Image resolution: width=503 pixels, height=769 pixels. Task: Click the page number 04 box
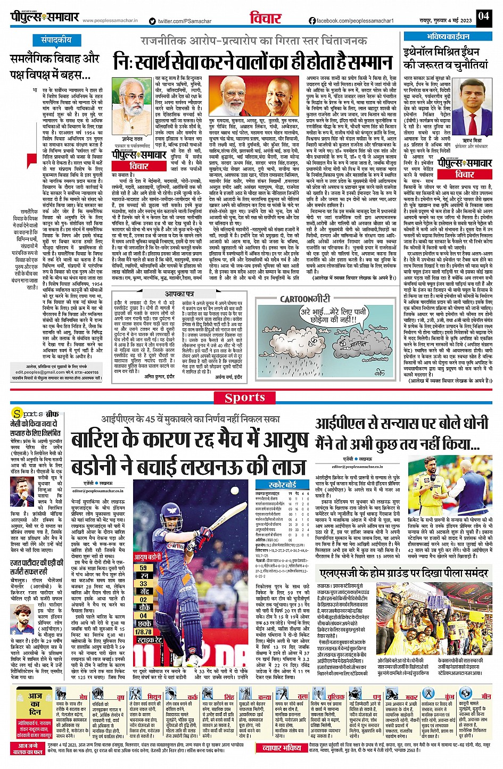coord(483,16)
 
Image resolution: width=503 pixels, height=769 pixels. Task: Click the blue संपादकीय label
coord(57,40)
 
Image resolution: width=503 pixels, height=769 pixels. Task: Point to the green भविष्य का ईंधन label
coord(448,37)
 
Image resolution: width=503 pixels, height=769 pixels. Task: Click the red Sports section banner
coord(245,398)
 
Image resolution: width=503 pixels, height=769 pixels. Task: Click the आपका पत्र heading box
coord(179,294)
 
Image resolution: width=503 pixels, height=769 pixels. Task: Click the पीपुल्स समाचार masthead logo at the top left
coord(45,17)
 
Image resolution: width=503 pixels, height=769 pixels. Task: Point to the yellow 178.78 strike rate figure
coord(143,632)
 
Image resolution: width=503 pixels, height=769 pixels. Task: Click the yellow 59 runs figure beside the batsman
coord(143,568)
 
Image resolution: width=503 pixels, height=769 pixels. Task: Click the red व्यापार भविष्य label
coord(282,748)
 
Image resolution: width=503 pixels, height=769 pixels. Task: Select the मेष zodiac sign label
coord(83,697)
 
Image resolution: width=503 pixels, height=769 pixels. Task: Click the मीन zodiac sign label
coord(486,697)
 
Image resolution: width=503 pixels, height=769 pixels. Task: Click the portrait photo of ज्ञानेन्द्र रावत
coord(132,103)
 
